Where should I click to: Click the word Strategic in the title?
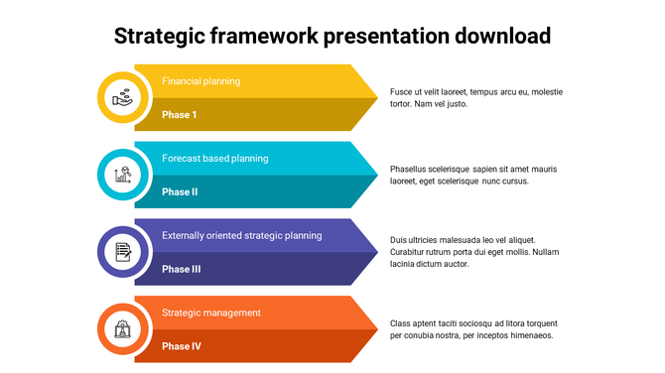pyautogui.click(x=160, y=37)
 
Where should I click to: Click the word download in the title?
pyautogui.click(x=501, y=37)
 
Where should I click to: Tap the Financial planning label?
pyautogui.click(x=200, y=81)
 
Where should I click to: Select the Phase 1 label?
pyautogui.click(x=180, y=115)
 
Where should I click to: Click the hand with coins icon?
pyautogui.click(x=123, y=97)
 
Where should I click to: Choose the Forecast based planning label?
pyautogui.click(x=214, y=159)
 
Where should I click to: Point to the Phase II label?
pyautogui.click(x=180, y=192)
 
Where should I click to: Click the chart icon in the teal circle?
pyautogui.click(x=123, y=175)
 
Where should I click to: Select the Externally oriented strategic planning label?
pyautogui.click(x=241, y=236)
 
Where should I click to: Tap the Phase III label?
pyautogui.click(x=182, y=269)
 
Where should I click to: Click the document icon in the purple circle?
pyautogui.click(x=123, y=252)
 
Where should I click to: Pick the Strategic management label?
pyautogui.click(x=211, y=313)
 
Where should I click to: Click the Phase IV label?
pyautogui.click(x=182, y=346)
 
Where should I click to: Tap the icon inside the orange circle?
pyautogui.click(x=123, y=329)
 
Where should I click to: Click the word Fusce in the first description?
pyautogui.click(x=402, y=91)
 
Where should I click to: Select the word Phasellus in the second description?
pyautogui.click(x=412, y=169)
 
